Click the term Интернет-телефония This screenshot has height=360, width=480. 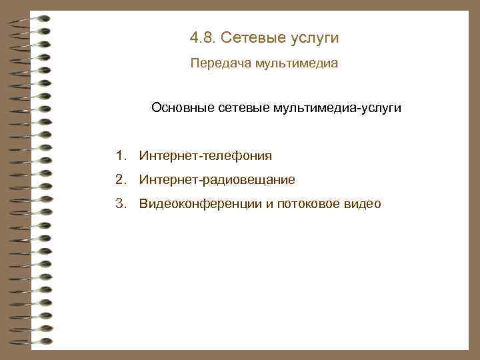pyautogui.click(x=206, y=157)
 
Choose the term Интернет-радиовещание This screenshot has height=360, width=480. pyautogui.click(x=217, y=180)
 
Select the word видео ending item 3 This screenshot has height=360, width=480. pyautogui.click(x=363, y=204)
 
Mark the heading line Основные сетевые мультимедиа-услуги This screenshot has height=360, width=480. pyautogui.click(x=276, y=107)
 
